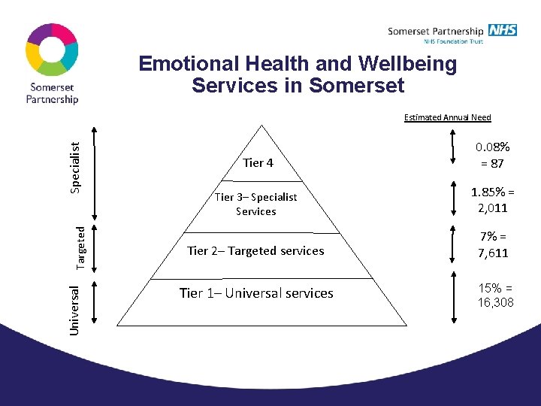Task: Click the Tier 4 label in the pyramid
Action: point(258,162)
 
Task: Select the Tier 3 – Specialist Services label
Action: point(255,204)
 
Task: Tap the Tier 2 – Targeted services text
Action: point(255,251)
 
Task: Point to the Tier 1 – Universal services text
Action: point(255,293)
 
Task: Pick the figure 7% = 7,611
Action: point(493,245)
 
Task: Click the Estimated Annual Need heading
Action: point(447,117)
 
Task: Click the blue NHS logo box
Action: point(502,30)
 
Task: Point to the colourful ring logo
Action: point(52,50)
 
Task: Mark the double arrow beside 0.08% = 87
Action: point(452,148)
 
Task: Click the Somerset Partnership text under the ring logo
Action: point(53,93)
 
